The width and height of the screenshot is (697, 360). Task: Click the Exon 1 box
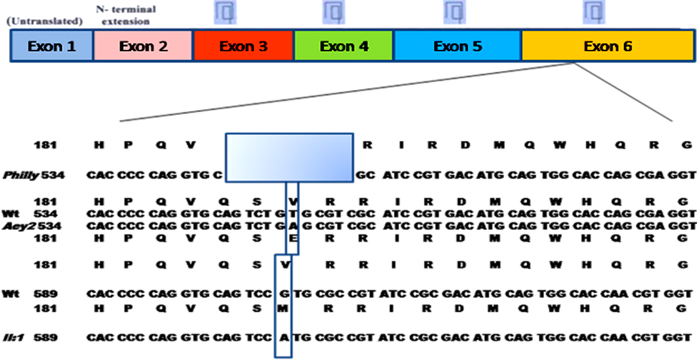tap(53, 46)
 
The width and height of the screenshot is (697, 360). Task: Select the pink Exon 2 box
tap(143, 46)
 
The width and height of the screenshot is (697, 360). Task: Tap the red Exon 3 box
tap(243, 46)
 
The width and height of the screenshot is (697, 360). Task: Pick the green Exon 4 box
tap(344, 46)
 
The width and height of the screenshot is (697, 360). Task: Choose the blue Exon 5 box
tap(457, 46)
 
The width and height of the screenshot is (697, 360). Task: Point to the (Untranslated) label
tap(45, 21)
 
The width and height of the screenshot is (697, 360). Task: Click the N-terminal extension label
tap(126, 15)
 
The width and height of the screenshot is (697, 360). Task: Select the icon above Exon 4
tap(334, 12)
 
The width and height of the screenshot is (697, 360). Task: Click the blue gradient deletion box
tap(289, 157)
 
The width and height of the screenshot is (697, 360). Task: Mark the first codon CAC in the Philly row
tap(99, 174)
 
